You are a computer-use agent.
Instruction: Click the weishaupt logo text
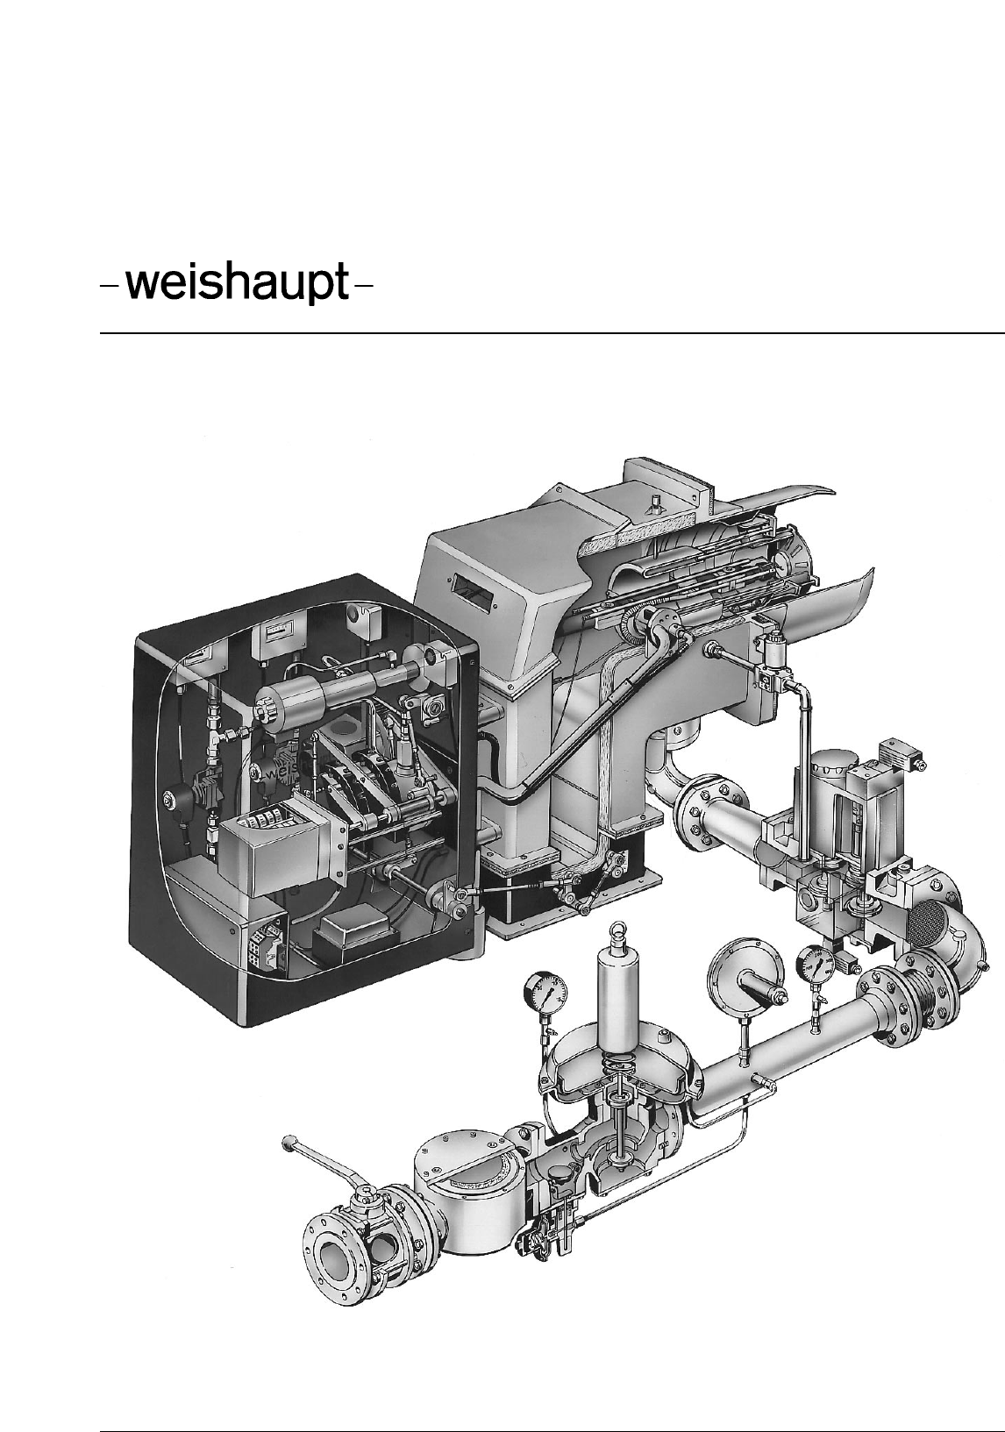(237, 281)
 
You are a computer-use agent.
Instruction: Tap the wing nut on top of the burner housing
(655, 500)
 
